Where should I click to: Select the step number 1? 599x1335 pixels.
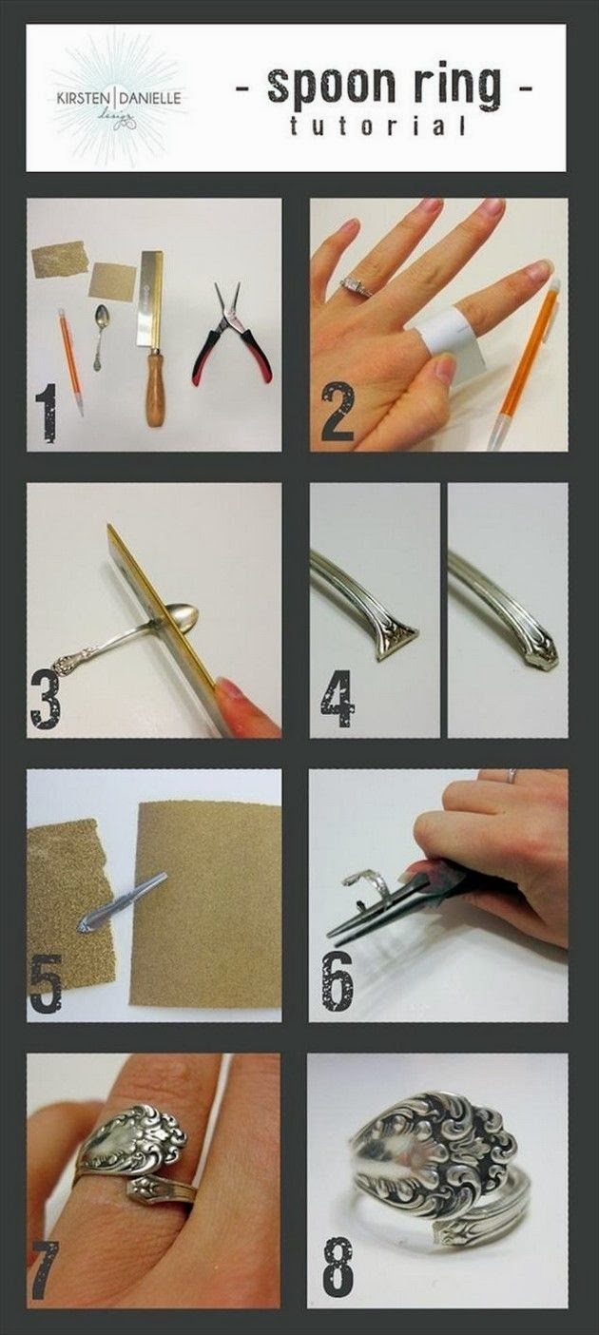coord(46,412)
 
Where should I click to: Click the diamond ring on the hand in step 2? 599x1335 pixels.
coord(355,284)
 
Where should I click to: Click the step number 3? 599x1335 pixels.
coord(47,699)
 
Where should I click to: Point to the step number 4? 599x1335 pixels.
coord(338,699)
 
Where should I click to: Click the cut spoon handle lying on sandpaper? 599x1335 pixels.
coord(121,901)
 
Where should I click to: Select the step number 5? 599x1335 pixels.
coord(47,982)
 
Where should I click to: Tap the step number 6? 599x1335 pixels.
coord(338,982)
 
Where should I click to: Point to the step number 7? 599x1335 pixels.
coord(45,1269)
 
